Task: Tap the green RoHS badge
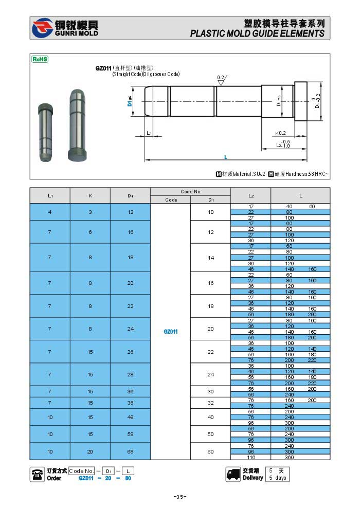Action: [x=40, y=60]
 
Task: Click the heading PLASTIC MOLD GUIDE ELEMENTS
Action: [x=257, y=33]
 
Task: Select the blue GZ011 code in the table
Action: [x=171, y=332]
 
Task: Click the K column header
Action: [x=90, y=195]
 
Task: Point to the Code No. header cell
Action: [x=191, y=192]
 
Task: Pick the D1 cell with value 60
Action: [x=210, y=451]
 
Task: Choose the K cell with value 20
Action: [x=90, y=451]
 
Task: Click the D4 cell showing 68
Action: [x=130, y=451]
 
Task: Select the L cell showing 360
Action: [x=289, y=457]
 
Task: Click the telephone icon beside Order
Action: [x=38, y=474]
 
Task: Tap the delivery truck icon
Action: [x=233, y=474]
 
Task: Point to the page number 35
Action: [x=179, y=496]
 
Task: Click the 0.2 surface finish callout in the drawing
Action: [x=221, y=77]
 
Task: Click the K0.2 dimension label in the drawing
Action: [x=280, y=133]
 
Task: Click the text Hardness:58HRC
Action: [x=301, y=174]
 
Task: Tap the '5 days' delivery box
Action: [x=278, y=478]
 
